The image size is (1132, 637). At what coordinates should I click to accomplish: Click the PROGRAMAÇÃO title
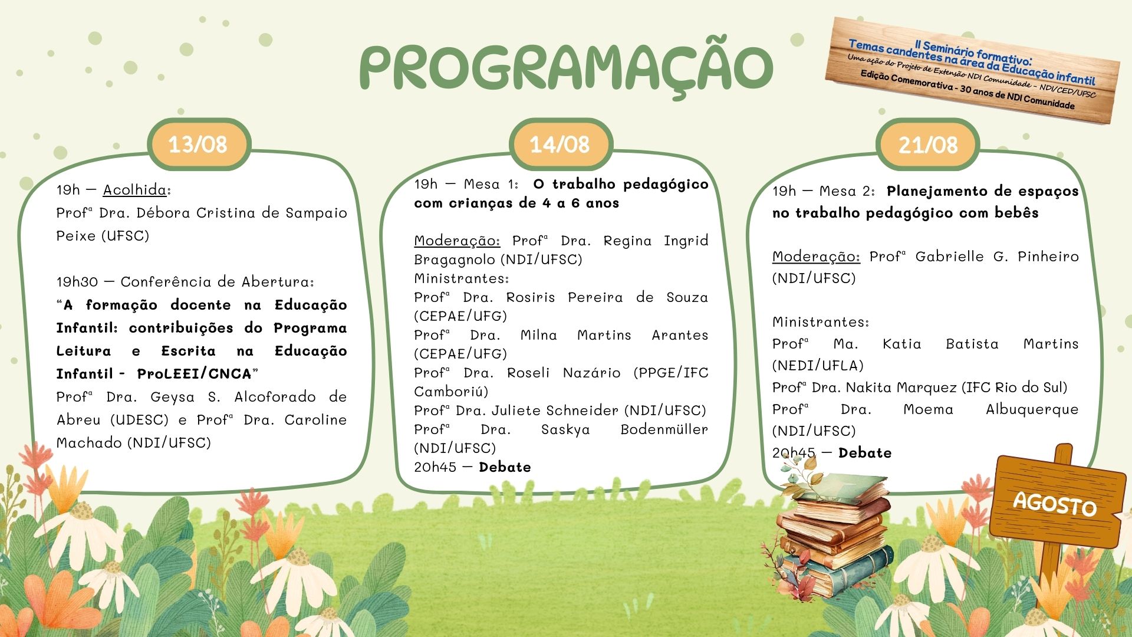[x=566, y=66]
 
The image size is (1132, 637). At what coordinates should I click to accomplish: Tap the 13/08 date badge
[x=199, y=145]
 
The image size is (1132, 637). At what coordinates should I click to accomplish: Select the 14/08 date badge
[x=560, y=145]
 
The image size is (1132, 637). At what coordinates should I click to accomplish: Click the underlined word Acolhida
[x=135, y=190]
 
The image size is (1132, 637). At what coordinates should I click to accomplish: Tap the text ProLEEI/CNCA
[x=194, y=374]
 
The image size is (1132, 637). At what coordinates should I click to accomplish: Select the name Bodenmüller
[x=664, y=429]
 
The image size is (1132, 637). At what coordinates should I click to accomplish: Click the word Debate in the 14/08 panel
[x=505, y=467]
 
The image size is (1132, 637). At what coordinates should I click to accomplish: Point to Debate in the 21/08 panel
[x=865, y=453]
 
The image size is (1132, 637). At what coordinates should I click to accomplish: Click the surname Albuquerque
[x=1032, y=410]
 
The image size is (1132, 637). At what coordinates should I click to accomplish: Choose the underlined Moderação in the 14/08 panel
[x=457, y=241]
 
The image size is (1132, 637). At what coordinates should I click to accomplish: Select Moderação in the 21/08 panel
[x=816, y=257]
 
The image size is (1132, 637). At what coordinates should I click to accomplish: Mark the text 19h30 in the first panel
[x=77, y=282]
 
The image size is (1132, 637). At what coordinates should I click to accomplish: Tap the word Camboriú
[x=451, y=392]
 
